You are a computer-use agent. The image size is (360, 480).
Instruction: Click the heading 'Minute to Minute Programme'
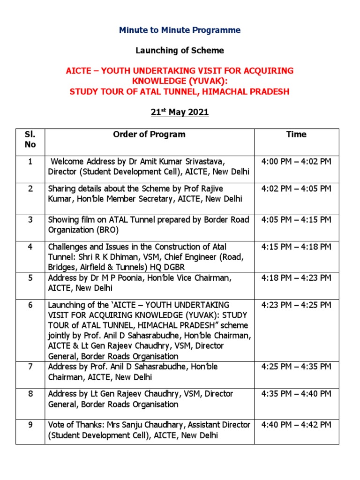pyautogui.click(x=180, y=30)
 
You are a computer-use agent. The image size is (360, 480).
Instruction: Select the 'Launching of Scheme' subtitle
pyautogui.click(x=180, y=50)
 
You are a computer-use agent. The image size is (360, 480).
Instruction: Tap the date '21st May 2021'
pyautogui.click(x=180, y=112)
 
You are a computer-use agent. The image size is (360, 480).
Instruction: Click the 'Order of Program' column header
pyautogui.click(x=149, y=135)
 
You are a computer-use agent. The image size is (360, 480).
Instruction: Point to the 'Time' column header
pyautogui.click(x=296, y=135)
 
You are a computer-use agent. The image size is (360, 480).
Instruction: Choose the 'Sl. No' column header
pyautogui.click(x=30, y=139)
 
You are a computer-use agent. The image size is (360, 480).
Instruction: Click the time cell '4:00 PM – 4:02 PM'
pyautogui.click(x=296, y=162)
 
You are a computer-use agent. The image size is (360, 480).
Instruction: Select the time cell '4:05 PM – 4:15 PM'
pyautogui.click(x=296, y=219)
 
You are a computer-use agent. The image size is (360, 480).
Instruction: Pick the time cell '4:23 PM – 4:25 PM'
pyautogui.click(x=296, y=305)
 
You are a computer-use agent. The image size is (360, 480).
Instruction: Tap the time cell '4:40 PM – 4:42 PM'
pyautogui.click(x=296, y=425)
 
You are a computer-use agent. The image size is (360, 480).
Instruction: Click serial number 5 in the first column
pyautogui.click(x=30, y=278)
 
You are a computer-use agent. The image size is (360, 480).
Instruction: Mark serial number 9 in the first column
pyautogui.click(x=30, y=425)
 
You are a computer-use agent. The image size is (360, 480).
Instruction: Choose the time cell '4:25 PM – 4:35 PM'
pyautogui.click(x=296, y=366)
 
